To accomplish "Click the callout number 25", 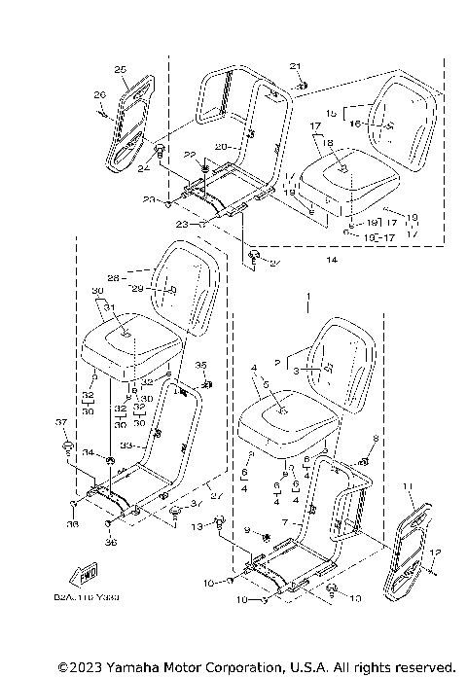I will [121, 69].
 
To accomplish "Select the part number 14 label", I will [333, 261].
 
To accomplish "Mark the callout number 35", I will [201, 365].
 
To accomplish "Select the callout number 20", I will [221, 146].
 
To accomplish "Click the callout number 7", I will [283, 522].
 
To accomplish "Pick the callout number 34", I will [87, 453].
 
